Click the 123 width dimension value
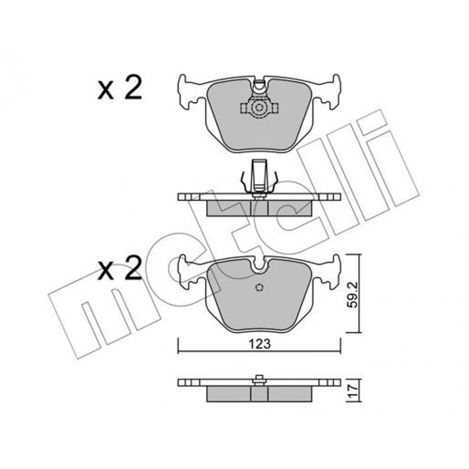259,344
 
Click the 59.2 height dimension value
354,294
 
